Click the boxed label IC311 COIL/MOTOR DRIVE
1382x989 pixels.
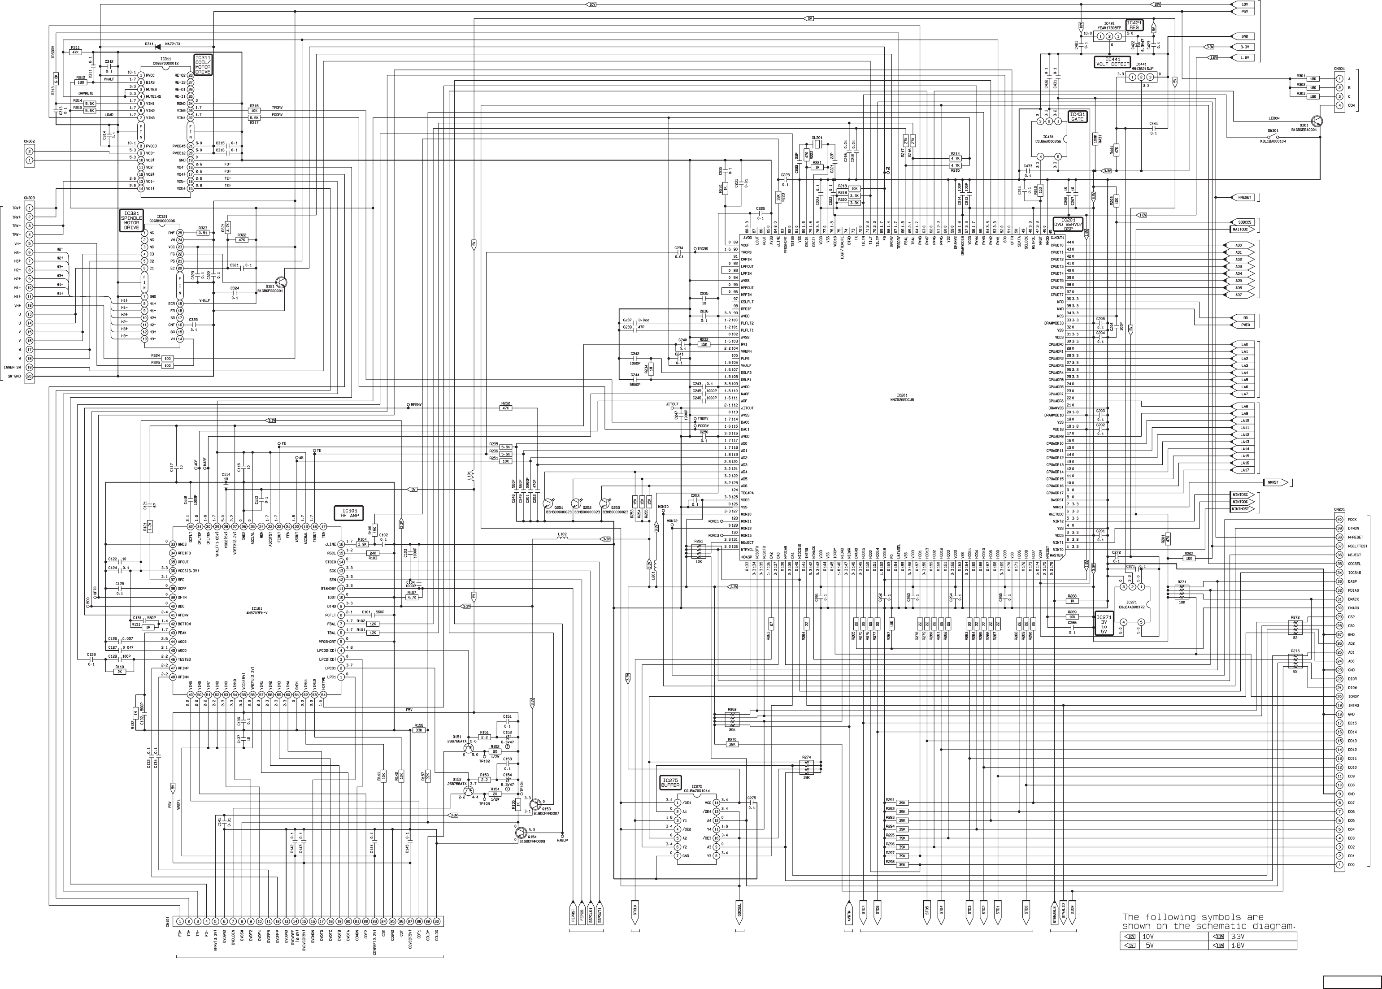(x=203, y=64)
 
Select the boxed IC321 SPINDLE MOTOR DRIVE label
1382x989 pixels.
(x=131, y=221)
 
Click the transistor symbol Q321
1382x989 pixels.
(x=281, y=282)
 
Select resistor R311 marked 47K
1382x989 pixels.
(x=75, y=52)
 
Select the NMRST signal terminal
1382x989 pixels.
(x=1273, y=482)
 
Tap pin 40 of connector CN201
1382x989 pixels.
(x=1339, y=520)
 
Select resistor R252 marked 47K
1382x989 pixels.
(x=505, y=408)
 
